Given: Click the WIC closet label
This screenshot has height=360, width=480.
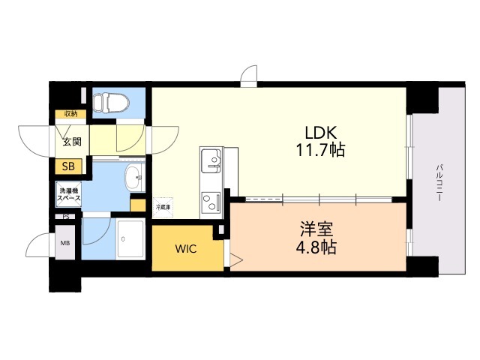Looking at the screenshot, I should click(x=186, y=249).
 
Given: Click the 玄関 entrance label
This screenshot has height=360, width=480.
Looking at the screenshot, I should click(x=71, y=140).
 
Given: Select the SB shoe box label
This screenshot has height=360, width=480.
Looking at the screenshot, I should click(x=68, y=167).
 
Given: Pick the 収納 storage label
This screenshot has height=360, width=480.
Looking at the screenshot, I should click(x=70, y=114).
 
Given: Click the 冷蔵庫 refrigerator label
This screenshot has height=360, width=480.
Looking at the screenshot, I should click(x=163, y=205).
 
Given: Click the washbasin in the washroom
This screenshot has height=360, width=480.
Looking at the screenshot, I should click(x=133, y=180).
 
